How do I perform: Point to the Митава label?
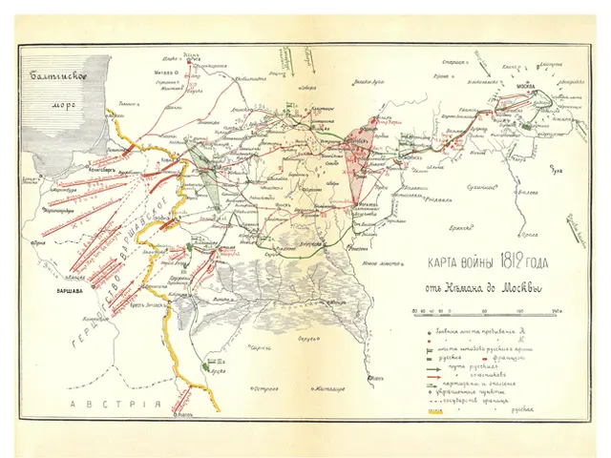(x=163, y=71)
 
